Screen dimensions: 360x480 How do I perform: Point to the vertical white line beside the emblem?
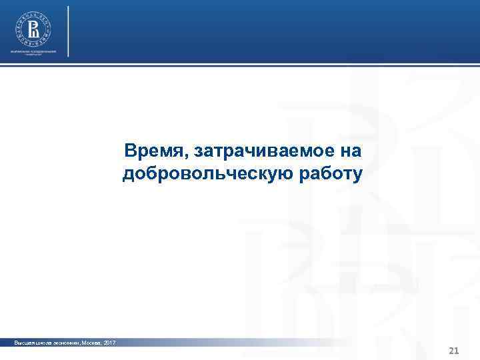(x=69, y=31)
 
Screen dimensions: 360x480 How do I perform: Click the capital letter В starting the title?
(x=129, y=151)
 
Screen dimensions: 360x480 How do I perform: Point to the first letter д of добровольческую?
(x=128, y=175)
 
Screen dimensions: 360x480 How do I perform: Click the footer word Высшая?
(x=25, y=342)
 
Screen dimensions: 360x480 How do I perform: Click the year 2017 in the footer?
(x=109, y=342)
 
